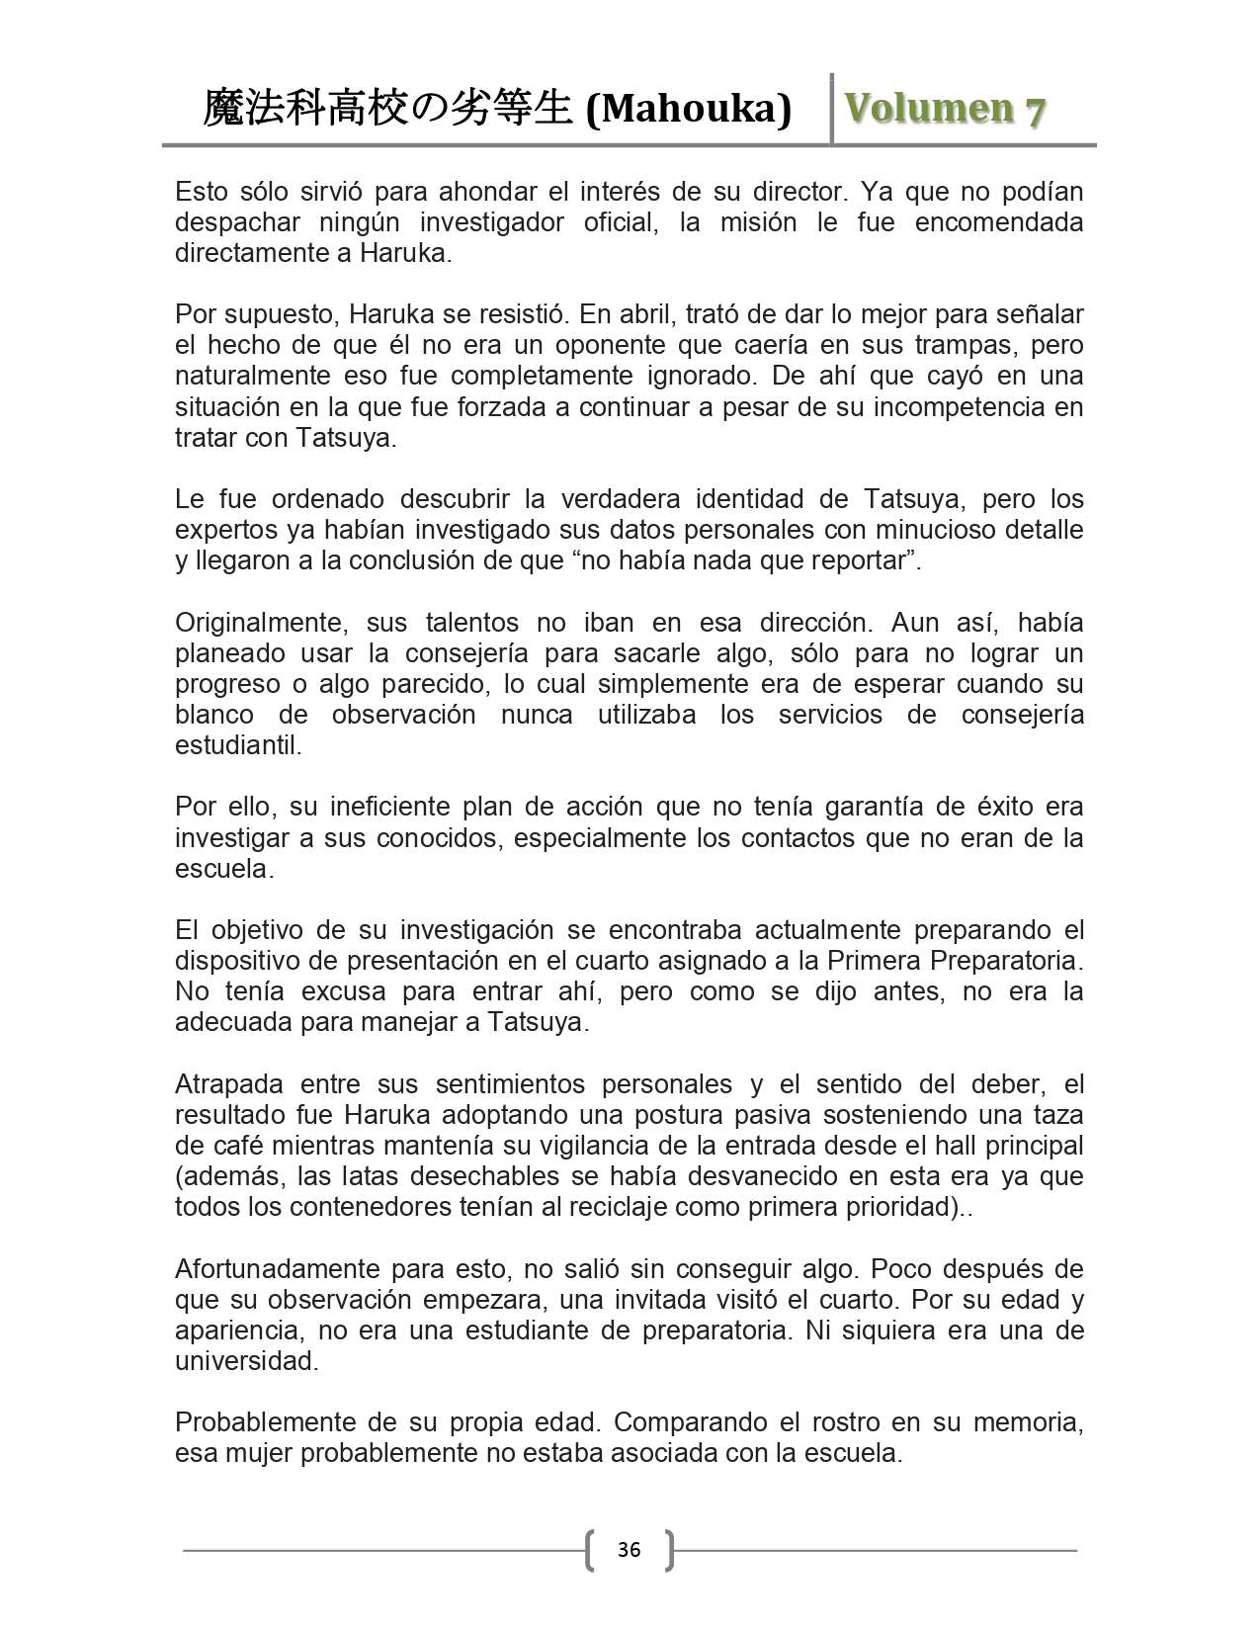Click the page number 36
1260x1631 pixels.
click(x=629, y=1549)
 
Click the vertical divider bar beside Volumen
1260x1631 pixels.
click(x=832, y=108)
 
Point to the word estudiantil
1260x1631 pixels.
click(x=238, y=745)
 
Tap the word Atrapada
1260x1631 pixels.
click(x=230, y=1084)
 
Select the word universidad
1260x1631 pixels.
click(x=246, y=1361)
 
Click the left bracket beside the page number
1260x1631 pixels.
click(x=590, y=1550)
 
